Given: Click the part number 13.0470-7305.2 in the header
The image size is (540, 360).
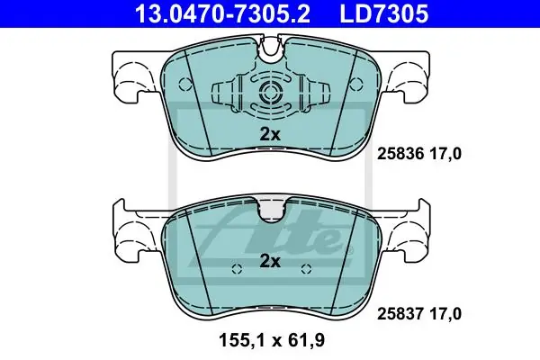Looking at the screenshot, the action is (x=223, y=13).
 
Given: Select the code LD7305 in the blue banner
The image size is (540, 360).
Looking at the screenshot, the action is (x=384, y=13).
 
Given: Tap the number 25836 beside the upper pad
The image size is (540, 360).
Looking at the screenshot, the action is (x=400, y=154).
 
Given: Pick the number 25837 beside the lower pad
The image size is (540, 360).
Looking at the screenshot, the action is (x=400, y=314).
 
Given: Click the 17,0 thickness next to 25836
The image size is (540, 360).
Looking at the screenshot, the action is (x=445, y=154).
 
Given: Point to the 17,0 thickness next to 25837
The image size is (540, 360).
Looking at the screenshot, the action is (x=445, y=314).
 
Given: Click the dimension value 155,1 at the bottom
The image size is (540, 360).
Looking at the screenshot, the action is (x=242, y=341).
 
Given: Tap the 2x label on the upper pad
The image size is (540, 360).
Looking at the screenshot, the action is (x=270, y=134).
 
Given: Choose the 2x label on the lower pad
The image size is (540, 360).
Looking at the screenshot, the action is (x=270, y=262).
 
